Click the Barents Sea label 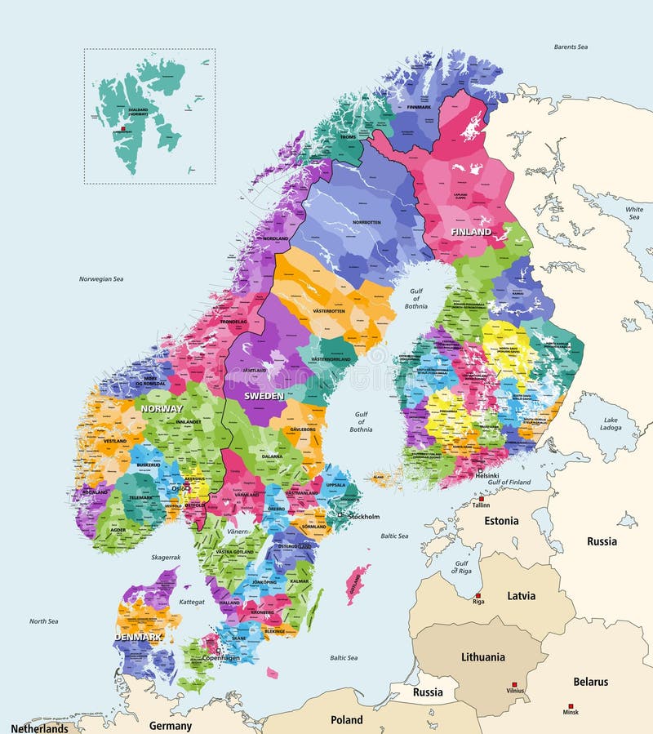click(571, 47)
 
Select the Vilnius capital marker click(514, 684)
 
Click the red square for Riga click(478, 595)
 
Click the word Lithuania click(482, 656)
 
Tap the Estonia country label click(501, 521)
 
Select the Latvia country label click(521, 596)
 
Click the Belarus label click(590, 682)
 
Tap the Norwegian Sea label click(100, 279)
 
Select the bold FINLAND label click(472, 232)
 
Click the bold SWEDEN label click(264, 395)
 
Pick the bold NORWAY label click(161, 408)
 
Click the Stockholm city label click(363, 517)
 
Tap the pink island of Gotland click(356, 585)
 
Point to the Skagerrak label click(166, 557)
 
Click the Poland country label click(347, 720)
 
